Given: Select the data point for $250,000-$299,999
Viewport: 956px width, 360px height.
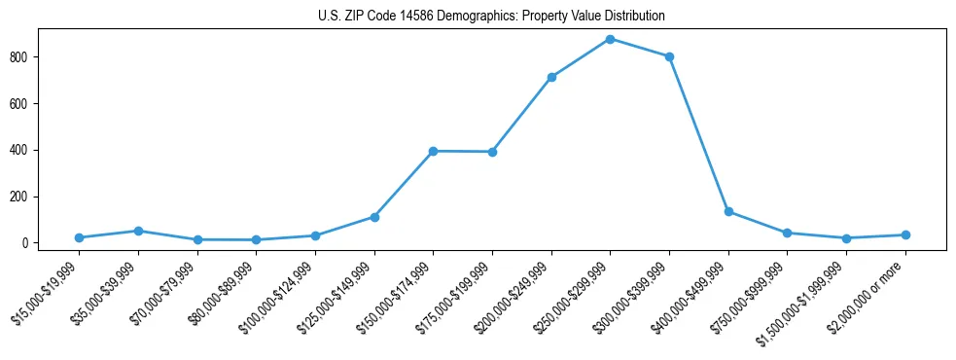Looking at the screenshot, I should coord(610,39).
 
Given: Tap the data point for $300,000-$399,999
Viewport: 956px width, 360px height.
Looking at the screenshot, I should coord(669,56).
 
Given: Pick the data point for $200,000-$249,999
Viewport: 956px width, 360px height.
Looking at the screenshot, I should coord(551,77).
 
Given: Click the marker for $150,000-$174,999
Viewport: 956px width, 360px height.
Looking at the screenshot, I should coord(433,151).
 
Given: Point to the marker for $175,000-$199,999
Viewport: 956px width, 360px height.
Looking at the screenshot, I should coord(492,152).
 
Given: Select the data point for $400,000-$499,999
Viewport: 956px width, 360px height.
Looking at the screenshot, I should coord(728,211).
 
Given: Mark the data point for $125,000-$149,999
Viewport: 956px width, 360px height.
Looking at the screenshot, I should coord(374,217).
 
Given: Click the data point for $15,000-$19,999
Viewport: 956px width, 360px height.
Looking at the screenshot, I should coord(79,237).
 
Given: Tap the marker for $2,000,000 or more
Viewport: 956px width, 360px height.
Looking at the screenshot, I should coord(905,234).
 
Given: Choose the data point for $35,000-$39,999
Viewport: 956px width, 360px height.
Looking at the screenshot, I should coord(138,231).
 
